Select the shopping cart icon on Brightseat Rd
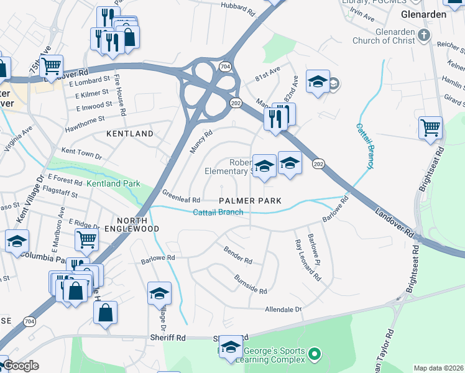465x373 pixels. click(x=430, y=128)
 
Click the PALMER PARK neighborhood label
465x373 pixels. click(x=250, y=201)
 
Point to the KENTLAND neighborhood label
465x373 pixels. click(x=129, y=134)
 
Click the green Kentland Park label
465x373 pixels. click(x=113, y=183)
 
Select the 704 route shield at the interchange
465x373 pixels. click(x=224, y=65)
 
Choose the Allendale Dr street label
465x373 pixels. click(x=283, y=309)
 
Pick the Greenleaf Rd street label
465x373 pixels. click(x=181, y=196)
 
